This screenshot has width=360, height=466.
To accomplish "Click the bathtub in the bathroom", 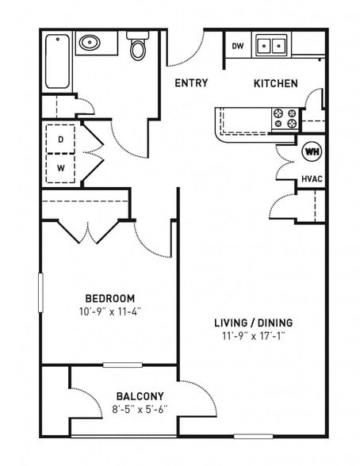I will (x=57, y=61).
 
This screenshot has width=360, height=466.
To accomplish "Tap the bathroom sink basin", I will (x=88, y=43).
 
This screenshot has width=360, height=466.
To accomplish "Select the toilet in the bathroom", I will (x=138, y=48).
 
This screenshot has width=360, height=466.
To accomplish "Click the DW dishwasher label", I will (x=237, y=46).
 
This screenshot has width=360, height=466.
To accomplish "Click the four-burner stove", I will (x=285, y=119).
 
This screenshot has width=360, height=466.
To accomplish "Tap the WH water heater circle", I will (x=312, y=151).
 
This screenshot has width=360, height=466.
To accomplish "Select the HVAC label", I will (x=311, y=179).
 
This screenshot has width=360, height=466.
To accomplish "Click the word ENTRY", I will (x=191, y=83).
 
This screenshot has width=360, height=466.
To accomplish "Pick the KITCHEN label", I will (x=275, y=83).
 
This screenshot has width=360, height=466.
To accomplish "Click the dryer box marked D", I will (x=61, y=139).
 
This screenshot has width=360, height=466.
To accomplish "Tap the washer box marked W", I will (x=61, y=167).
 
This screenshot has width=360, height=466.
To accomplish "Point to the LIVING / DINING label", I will (x=253, y=323).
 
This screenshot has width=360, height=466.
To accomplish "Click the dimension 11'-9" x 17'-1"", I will (x=253, y=336).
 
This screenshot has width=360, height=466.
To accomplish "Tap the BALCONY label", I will (x=140, y=396).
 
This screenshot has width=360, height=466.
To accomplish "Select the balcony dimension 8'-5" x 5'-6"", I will (x=140, y=410).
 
